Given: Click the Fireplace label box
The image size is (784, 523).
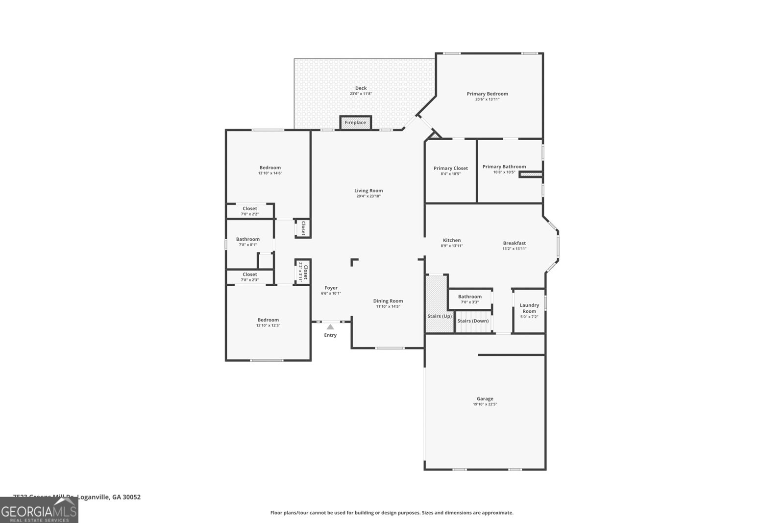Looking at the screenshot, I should (355, 123).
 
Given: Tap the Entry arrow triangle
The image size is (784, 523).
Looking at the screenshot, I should (330, 327).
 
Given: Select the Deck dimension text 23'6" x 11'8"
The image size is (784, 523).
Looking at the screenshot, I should (361, 94).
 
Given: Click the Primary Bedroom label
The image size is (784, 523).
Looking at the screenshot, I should (487, 94).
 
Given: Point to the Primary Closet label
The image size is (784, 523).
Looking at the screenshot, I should (450, 168).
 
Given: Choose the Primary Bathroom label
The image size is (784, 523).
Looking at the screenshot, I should (504, 167).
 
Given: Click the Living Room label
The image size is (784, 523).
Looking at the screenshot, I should (368, 191).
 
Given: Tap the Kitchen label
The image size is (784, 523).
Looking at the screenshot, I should (452, 240).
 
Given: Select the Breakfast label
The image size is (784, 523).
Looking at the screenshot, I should (514, 243).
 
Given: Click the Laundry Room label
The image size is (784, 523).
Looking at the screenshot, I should (529, 308).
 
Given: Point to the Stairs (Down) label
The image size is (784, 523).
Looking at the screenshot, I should (473, 321).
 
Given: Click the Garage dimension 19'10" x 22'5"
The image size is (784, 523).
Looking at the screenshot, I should (485, 404).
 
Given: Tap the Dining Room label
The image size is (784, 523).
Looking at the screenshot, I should (388, 301).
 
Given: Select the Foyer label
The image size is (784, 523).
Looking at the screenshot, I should (331, 288).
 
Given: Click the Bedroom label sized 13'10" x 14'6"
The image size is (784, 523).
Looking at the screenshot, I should (270, 168).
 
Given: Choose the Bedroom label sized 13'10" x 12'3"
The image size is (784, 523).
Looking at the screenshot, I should (268, 320).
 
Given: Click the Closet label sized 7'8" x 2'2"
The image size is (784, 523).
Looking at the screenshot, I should (249, 209).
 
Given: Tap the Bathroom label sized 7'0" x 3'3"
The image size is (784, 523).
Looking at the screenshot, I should (469, 297).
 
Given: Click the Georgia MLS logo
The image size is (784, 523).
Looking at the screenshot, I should (39, 510).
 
